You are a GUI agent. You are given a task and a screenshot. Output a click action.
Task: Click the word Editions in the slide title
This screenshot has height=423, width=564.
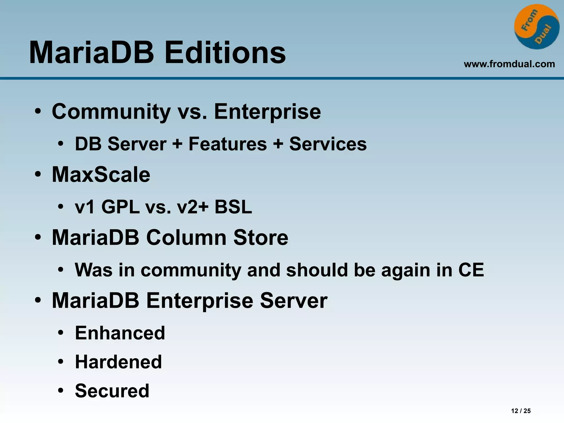[225, 52]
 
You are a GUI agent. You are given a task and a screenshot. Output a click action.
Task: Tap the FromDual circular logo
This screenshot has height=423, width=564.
[536, 27]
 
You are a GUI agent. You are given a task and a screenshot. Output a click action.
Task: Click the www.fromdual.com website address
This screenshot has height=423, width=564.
[509, 64]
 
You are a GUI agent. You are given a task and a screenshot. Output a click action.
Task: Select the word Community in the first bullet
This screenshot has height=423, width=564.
[111, 112]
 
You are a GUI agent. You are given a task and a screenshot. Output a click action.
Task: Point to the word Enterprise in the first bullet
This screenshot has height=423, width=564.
[267, 112]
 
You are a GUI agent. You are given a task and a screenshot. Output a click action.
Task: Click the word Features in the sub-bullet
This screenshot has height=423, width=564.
[227, 144]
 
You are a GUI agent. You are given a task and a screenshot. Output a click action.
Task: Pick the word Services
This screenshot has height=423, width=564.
[328, 144]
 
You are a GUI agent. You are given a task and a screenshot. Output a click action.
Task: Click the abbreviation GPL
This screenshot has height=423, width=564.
[120, 207]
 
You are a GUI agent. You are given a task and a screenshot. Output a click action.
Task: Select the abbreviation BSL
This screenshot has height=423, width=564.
[233, 207]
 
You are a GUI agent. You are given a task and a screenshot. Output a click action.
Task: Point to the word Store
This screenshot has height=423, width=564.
[261, 237]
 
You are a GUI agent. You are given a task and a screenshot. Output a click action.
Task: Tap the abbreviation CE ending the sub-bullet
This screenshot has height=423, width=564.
[471, 270]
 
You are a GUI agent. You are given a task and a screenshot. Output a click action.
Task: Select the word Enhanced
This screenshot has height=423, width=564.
[120, 333]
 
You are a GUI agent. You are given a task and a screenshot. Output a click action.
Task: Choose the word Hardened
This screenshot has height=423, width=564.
[118, 362]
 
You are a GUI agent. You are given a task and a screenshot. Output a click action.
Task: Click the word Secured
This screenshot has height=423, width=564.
[112, 391]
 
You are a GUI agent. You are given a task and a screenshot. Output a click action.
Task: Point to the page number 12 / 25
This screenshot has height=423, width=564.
[521, 411]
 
